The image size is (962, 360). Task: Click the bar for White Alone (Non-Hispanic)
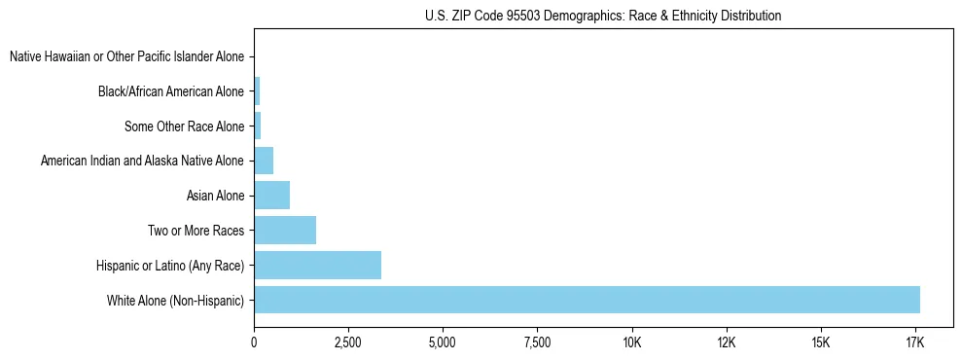[x=587, y=300]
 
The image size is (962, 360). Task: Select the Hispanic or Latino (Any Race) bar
[x=317, y=265]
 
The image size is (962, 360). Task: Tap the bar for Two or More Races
[x=285, y=230]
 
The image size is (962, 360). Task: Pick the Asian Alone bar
[x=271, y=196]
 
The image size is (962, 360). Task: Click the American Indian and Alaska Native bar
[x=264, y=161]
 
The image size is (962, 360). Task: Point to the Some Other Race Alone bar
[x=258, y=126]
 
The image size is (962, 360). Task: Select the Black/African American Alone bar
[x=257, y=91]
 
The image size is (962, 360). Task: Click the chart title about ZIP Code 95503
[x=603, y=17]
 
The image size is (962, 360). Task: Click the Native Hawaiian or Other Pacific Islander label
[x=126, y=56]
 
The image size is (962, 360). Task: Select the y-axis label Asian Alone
[x=215, y=196]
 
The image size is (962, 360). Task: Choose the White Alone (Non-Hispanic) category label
[x=176, y=300]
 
